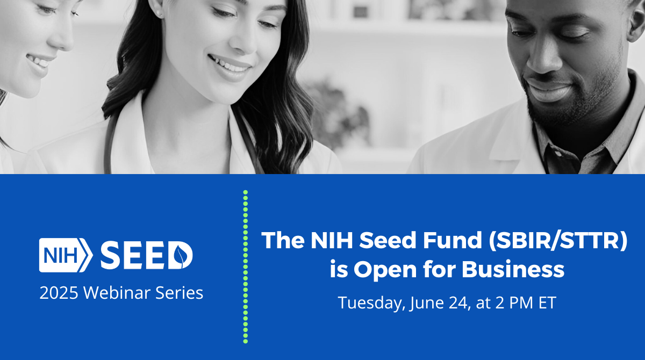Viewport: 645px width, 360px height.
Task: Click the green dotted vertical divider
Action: tap(245, 266)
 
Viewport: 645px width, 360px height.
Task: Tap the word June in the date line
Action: tap(428, 303)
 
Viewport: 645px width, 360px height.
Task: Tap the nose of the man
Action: tap(542, 64)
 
